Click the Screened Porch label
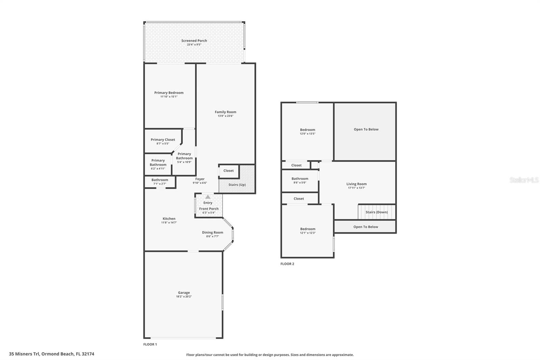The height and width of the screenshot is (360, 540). (x=194, y=41)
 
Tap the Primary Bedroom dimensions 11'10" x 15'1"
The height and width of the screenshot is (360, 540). (x=169, y=97)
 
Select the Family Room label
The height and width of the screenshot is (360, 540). (x=225, y=112)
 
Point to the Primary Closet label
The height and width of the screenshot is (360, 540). (x=163, y=139)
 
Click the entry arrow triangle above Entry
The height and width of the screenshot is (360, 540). (x=208, y=197)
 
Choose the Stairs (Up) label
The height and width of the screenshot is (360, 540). (x=237, y=185)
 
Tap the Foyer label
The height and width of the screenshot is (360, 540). (x=200, y=179)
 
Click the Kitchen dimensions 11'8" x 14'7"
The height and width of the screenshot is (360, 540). (x=169, y=223)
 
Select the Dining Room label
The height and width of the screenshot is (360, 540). (x=213, y=232)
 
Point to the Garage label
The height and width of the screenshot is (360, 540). (x=184, y=292)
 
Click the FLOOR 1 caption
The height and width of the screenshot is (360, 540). (x=150, y=344)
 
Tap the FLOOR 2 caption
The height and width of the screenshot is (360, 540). (x=287, y=264)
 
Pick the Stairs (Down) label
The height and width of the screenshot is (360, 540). (x=377, y=212)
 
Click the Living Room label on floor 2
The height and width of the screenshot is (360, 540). (x=356, y=184)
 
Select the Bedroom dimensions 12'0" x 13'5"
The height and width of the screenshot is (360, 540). (x=307, y=133)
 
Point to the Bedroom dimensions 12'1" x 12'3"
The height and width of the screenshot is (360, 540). (x=307, y=233)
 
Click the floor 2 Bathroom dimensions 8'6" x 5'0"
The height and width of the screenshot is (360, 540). (x=300, y=183)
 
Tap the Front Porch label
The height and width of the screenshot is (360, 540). (x=209, y=208)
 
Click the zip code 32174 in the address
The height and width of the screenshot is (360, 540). (x=88, y=354)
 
